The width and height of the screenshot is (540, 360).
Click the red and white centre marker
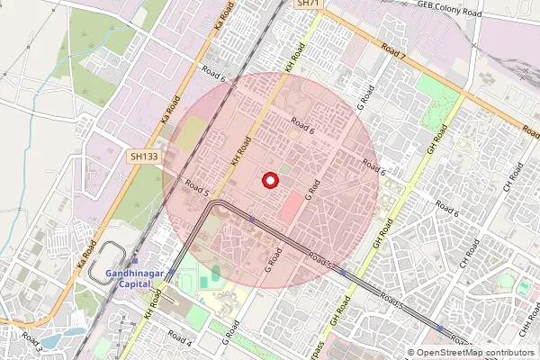[x=269, y=181]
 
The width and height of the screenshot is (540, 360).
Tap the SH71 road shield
[x=308, y=4]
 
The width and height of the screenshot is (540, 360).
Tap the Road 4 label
[x=179, y=343]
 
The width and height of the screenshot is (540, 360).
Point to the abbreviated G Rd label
[x=312, y=191]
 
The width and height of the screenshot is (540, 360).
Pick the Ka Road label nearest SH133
[x=166, y=111]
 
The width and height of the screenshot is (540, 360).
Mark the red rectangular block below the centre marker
[x=292, y=208]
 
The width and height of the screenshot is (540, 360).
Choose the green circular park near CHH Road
[x=523, y=288]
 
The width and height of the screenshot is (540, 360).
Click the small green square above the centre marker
[x=284, y=167]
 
